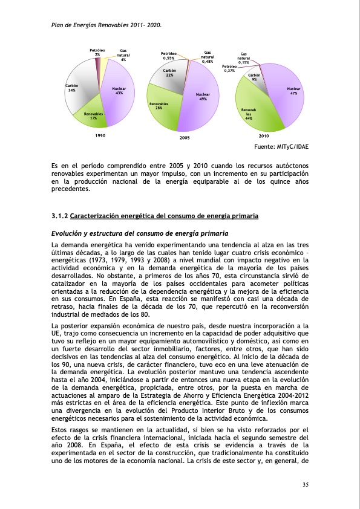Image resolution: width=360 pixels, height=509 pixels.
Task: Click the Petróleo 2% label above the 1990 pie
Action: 97,52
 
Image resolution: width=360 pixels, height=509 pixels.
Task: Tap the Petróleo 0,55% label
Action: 169,56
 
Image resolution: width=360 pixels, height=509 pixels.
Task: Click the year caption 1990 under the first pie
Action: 100,137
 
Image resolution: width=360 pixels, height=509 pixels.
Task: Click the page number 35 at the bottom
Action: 305,484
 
